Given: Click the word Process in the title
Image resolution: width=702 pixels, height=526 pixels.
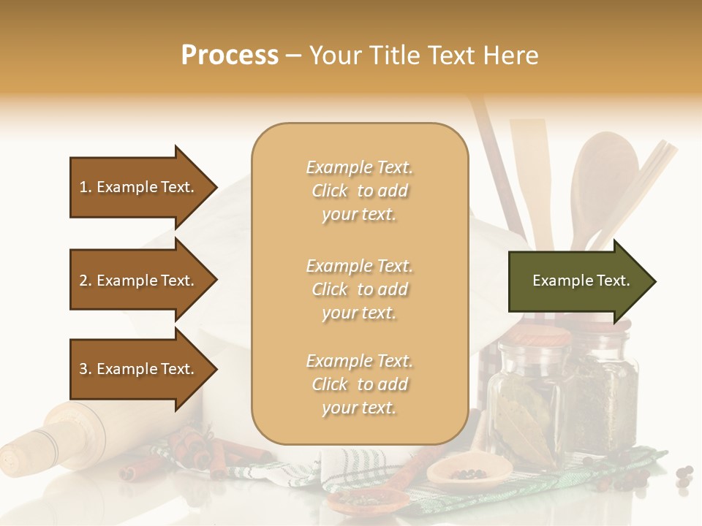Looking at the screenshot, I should [x=230, y=56].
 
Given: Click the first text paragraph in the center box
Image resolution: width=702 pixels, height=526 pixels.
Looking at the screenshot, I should [x=359, y=191].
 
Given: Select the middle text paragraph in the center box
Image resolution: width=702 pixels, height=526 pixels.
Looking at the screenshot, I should [x=359, y=289].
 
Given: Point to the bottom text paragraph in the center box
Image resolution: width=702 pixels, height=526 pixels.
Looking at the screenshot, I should [x=359, y=384].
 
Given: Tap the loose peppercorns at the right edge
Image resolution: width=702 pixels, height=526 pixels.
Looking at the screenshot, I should [x=684, y=476].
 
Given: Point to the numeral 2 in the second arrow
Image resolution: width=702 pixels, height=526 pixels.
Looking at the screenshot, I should [x=84, y=281].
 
